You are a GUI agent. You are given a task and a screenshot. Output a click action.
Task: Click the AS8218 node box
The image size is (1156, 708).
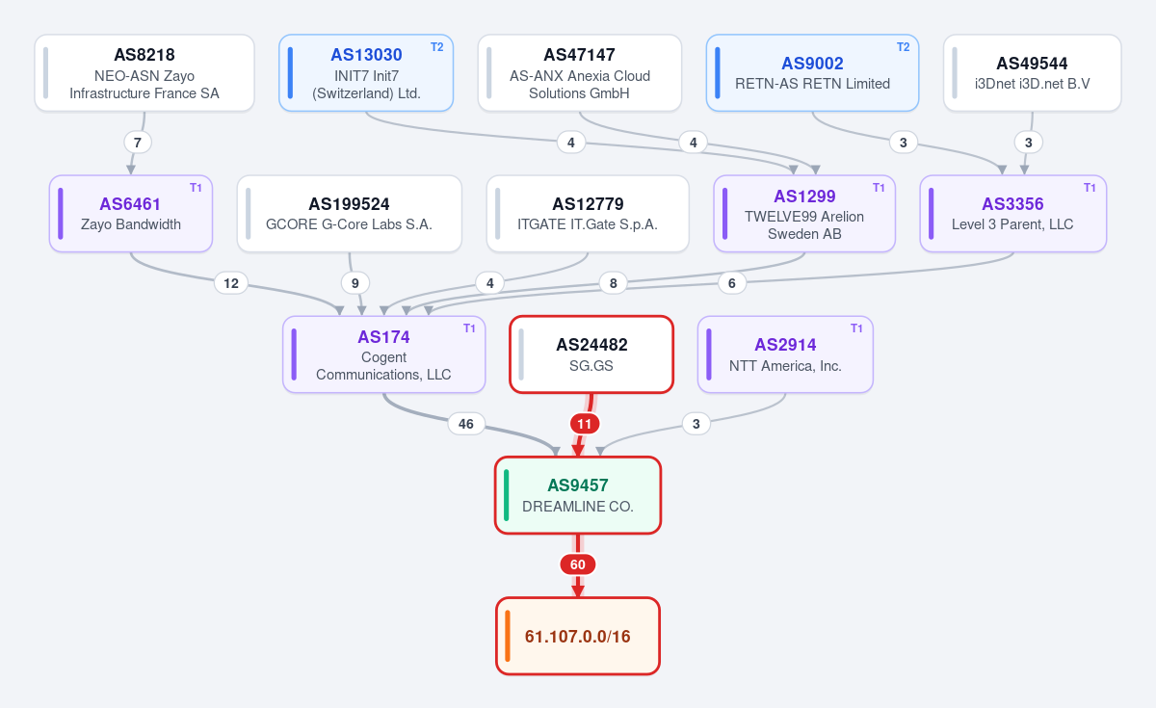click(x=144, y=73)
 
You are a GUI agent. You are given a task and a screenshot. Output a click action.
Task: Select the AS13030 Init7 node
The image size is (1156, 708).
click(x=366, y=73)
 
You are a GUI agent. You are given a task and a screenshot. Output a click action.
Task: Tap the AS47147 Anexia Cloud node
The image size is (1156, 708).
click(x=580, y=73)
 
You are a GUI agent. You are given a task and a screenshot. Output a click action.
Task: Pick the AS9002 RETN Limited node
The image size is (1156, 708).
click(x=812, y=73)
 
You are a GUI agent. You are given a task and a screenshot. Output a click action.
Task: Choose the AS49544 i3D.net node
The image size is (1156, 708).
click(x=1032, y=73)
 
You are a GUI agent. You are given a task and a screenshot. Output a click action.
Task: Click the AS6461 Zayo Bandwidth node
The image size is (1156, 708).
click(x=131, y=214)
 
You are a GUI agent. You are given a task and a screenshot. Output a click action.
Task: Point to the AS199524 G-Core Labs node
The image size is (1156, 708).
click(x=350, y=214)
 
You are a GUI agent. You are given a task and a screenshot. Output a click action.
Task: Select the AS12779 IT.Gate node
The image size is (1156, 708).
click(x=588, y=214)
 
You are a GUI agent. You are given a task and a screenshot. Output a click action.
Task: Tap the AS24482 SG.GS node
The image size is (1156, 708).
click(x=591, y=354)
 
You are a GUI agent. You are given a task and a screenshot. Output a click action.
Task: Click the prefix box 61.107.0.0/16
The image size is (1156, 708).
click(x=578, y=636)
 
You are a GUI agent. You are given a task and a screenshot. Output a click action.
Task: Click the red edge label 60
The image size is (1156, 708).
click(x=578, y=564)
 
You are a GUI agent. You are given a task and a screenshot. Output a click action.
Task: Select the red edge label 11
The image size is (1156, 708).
click(x=584, y=424)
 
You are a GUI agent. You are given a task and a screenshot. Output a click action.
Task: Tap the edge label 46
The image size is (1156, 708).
click(x=466, y=424)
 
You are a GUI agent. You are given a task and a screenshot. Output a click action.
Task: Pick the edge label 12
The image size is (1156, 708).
click(x=231, y=283)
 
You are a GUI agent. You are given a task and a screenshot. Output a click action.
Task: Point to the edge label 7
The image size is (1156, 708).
click(x=138, y=143)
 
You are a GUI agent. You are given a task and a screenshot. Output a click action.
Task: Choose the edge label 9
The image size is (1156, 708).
click(x=355, y=283)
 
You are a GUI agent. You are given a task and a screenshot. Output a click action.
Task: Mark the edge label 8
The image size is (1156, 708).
click(x=613, y=283)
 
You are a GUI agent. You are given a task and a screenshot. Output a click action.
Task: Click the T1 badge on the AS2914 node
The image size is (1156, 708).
click(x=856, y=328)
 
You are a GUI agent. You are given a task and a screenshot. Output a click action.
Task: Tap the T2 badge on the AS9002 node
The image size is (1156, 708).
click(x=904, y=47)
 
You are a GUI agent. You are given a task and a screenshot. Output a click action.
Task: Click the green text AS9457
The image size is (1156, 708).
click(x=578, y=485)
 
